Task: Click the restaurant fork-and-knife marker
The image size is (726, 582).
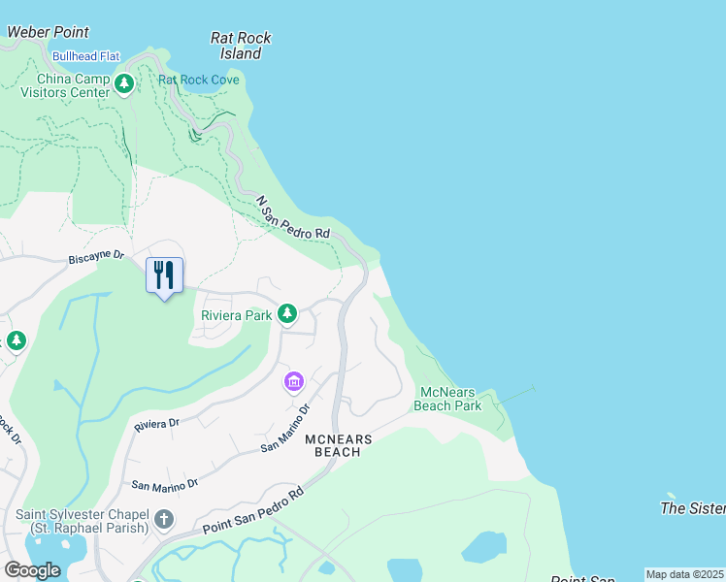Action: point(164,275)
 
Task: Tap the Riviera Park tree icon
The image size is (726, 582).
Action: point(286,313)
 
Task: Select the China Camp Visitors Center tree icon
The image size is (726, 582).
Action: point(123,84)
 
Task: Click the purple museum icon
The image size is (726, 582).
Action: point(294,381)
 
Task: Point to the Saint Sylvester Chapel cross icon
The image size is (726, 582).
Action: point(163,520)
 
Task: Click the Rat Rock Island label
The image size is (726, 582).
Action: point(241,46)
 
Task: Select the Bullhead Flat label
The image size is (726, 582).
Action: point(86,56)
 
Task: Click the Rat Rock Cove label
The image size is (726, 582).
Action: point(199,80)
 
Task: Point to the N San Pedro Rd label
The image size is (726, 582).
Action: point(293,218)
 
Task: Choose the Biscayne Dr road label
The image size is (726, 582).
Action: point(97,257)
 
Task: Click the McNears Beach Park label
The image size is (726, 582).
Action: point(447,399)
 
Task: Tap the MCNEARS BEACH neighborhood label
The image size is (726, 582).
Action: point(339,446)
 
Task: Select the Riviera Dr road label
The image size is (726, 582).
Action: point(157,424)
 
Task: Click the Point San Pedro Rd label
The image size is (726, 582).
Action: point(254,509)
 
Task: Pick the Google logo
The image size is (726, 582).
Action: point(33,570)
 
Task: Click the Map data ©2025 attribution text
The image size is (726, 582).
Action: point(685,574)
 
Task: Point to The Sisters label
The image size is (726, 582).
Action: point(693,508)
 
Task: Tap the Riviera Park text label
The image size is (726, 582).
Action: point(236,315)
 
